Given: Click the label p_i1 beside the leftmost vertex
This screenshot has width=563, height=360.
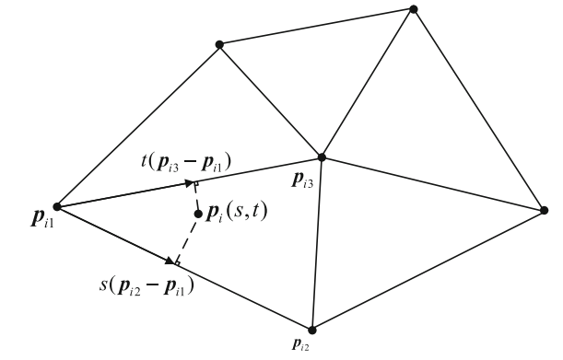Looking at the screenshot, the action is click(38, 220).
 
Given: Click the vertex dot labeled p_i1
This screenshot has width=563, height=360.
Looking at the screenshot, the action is click(57, 205).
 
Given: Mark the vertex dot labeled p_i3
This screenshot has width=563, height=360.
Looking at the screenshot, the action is click(322, 157).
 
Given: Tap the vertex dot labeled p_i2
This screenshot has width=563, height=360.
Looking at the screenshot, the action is click(312, 329).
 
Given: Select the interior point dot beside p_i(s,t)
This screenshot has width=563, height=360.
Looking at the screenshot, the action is click(198, 215).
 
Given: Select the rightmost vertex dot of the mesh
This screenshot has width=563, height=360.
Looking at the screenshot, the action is click(543, 210).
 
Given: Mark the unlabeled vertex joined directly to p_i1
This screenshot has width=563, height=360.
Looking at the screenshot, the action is click(219, 44).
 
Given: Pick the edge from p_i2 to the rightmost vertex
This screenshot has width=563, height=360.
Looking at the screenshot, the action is click(428, 270).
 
